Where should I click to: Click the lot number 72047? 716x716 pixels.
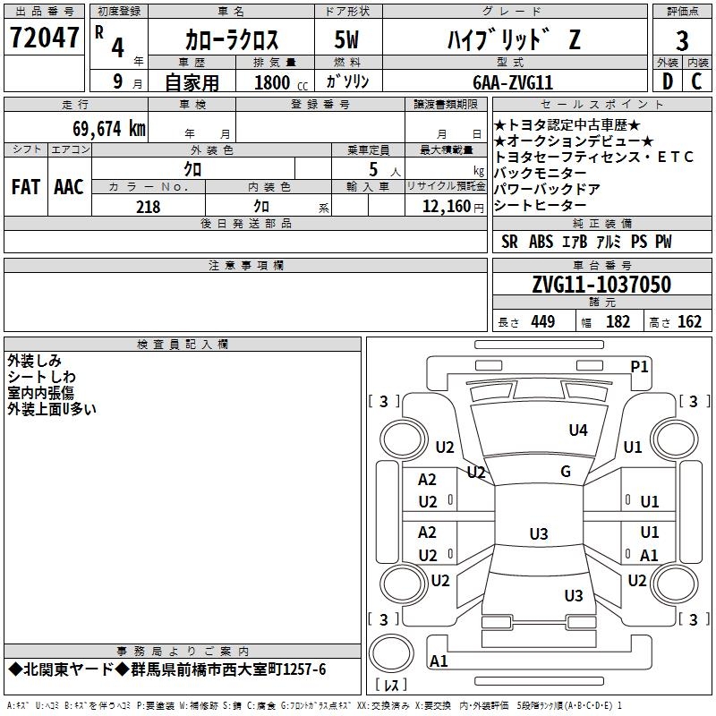pos(44,38)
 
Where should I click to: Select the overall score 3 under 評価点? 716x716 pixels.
pos(682,41)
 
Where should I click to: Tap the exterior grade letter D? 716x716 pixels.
pos(667,81)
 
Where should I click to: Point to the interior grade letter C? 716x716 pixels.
pos(696,81)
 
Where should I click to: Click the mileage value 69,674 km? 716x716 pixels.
pos(109,129)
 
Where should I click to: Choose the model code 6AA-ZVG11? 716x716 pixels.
pos(513,82)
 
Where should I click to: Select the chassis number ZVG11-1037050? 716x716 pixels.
pos(601,285)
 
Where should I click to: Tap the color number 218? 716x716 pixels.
pos(148,207)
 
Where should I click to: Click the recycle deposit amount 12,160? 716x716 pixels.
pos(446,207)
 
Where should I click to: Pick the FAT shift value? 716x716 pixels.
pos(26,187)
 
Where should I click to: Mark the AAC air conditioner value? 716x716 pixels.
pos(69,187)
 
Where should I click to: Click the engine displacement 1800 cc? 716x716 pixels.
pos(281,82)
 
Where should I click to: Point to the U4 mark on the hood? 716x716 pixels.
pos(578,430)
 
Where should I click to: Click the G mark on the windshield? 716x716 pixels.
pos(566,471)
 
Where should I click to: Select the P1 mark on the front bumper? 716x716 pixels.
pos(639,367)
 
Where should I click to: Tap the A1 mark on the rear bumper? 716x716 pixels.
pos(439,661)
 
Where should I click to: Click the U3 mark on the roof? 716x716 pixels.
pos(539,533)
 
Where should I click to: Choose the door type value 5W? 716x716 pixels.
pos(346,40)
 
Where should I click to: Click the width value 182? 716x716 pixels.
pos(618,322)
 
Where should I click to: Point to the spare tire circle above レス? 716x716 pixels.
pos(391,653)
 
